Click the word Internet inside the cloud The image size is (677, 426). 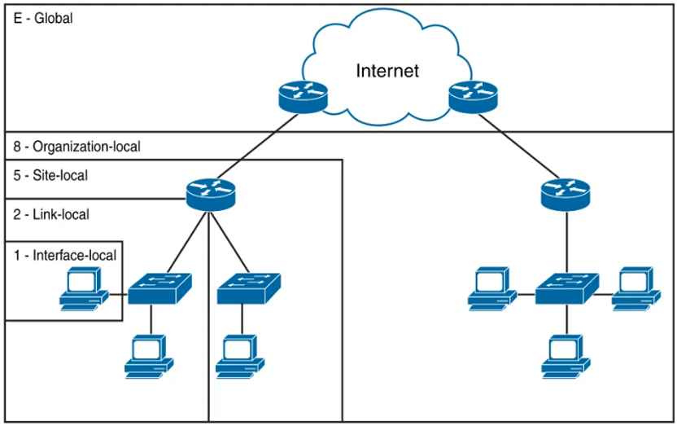pos(387,71)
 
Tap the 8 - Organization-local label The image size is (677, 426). pos(77,147)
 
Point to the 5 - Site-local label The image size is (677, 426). pos(51,175)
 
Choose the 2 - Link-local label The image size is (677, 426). pos(51,214)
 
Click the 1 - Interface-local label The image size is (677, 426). pos(65,255)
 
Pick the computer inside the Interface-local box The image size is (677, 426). pos(84,290)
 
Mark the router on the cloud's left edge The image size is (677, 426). pos(301,96)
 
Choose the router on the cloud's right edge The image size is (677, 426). pos(472,96)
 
